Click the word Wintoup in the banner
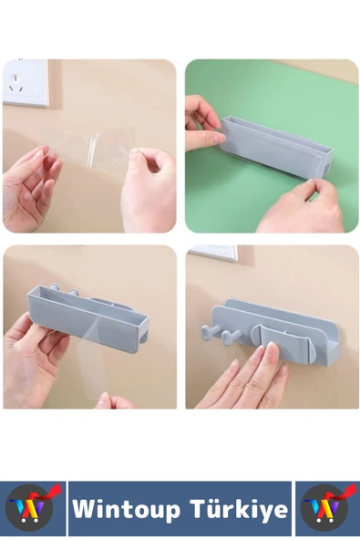click(x=126, y=509)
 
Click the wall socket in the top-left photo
click(x=25, y=82)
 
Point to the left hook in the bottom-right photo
click(x=209, y=335)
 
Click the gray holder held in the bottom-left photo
click(x=87, y=311)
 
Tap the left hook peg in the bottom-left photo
click(x=55, y=287)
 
